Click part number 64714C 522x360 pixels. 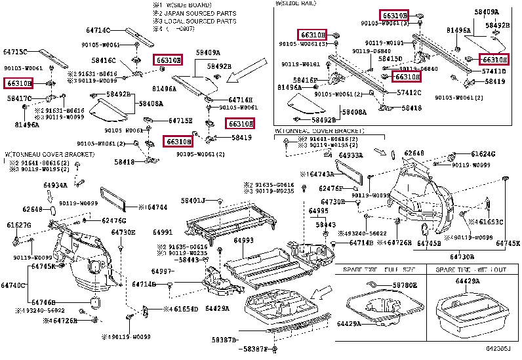97,30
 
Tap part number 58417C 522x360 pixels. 19,98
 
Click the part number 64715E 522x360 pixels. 180,121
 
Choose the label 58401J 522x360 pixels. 193,200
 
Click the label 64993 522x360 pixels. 243,241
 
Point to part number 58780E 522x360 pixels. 405,286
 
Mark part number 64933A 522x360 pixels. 350,155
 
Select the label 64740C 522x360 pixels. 12,285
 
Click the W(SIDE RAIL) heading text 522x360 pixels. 295,3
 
